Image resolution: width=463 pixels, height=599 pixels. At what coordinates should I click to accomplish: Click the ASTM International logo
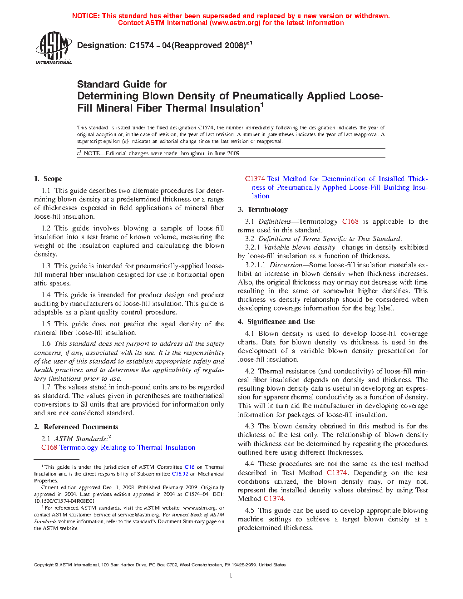[54, 47]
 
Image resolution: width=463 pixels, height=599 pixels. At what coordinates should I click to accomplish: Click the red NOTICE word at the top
[86, 16]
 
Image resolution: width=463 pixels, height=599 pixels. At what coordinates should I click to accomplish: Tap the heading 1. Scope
[48, 179]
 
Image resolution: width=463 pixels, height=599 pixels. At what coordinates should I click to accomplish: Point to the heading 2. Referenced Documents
[76, 427]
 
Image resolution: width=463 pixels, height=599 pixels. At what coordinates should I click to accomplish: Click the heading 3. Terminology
[263, 210]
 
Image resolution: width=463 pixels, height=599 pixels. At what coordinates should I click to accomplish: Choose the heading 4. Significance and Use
[276, 322]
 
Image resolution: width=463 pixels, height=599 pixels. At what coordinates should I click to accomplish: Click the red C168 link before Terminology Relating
[49, 447]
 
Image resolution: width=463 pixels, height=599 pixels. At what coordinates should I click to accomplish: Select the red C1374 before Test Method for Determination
[255, 179]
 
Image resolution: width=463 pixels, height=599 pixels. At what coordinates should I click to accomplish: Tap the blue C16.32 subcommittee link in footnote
[180, 474]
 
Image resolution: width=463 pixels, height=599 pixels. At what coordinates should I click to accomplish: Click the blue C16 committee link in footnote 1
[189, 467]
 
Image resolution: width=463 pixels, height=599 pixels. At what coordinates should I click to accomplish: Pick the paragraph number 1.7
[46, 387]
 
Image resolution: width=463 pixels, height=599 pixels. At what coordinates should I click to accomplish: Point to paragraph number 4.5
[249, 511]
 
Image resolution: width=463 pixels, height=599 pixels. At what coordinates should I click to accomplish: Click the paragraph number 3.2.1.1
[255, 265]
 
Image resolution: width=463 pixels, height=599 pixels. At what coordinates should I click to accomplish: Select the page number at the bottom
[231, 575]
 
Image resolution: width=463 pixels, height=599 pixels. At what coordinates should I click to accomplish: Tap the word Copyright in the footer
[44, 565]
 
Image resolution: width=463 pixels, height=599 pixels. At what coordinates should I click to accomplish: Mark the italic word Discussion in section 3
[286, 265]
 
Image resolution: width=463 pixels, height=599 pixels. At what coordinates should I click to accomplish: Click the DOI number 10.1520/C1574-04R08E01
[65, 501]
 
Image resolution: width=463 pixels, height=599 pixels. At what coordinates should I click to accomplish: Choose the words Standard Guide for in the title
[122, 84]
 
